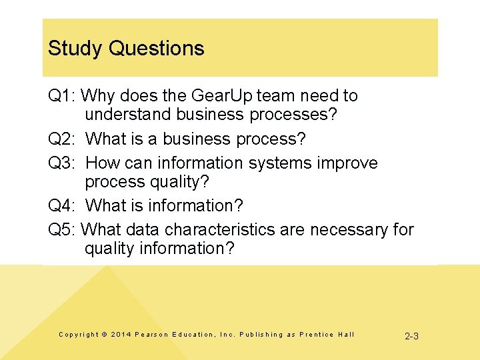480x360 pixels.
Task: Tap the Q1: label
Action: (x=62, y=96)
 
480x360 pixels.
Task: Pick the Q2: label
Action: (x=62, y=139)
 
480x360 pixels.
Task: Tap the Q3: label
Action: (x=62, y=163)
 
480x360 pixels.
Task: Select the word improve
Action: (x=345, y=163)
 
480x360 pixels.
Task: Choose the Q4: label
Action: (x=62, y=205)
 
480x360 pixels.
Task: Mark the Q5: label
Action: (x=62, y=230)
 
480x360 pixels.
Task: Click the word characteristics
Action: (x=219, y=230)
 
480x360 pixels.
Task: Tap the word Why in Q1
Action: (x=98, y=96)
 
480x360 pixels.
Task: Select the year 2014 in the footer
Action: (x=121, y=335)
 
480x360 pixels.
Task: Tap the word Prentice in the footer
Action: (x=316, y=335)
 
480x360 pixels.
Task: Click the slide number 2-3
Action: (x=411, y=336)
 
